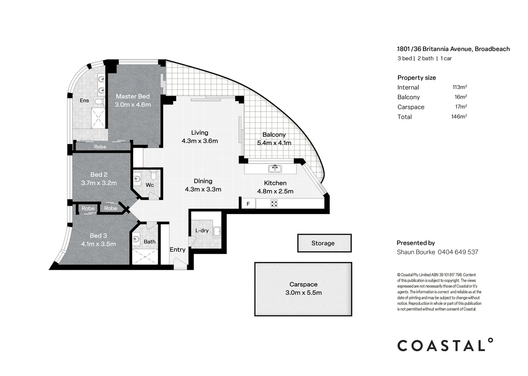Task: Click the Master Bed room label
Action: pos(133,96)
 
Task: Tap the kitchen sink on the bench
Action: pos(275,169)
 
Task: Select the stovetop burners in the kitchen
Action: pos(274,203)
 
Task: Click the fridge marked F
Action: pos(248,204)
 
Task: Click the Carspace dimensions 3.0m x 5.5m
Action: pos(303,293)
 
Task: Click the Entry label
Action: pos(177,250)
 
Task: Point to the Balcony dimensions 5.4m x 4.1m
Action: pos(274,143)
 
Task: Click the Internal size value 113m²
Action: pos(460,87)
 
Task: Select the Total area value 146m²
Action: pos(459,117)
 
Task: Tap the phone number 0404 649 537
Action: pos(458,252)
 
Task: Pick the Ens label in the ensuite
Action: pos(84,100)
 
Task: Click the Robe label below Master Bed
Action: pos(100,147)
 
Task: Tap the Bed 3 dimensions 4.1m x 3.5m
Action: pos(98,244)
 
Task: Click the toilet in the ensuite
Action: pos(99,102)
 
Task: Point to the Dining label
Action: pos(203,181)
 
